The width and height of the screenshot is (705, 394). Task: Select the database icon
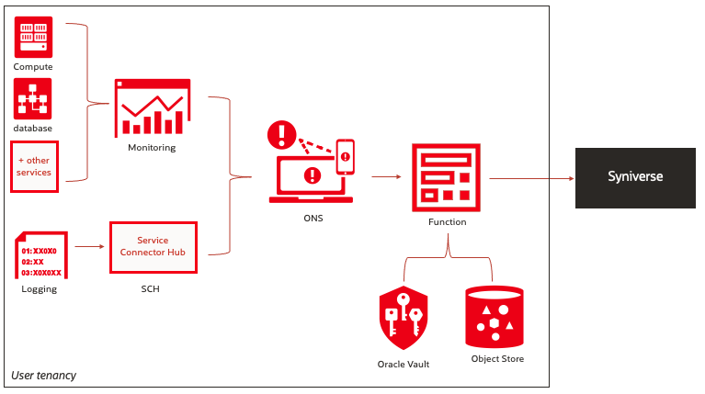coord(33,99)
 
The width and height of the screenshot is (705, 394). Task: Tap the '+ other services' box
coord(34,166)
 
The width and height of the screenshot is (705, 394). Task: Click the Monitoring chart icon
coord(152,108)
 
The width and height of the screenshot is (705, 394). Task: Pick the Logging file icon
coord(40,255)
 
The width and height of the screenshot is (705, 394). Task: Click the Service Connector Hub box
coord(154,246)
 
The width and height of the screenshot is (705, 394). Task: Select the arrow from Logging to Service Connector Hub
coord(88,246)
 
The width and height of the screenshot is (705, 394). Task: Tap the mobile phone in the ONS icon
coord(346,156)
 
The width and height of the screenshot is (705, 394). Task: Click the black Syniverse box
coord(634,176)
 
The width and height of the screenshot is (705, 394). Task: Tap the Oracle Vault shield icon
coord(404,317)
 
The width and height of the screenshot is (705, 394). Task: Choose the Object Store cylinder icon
coord(494,315)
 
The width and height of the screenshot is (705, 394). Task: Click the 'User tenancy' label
coord(43,376)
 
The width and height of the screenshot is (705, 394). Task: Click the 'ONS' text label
coord(313,220)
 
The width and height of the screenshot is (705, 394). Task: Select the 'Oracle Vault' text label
coord(404,365)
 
